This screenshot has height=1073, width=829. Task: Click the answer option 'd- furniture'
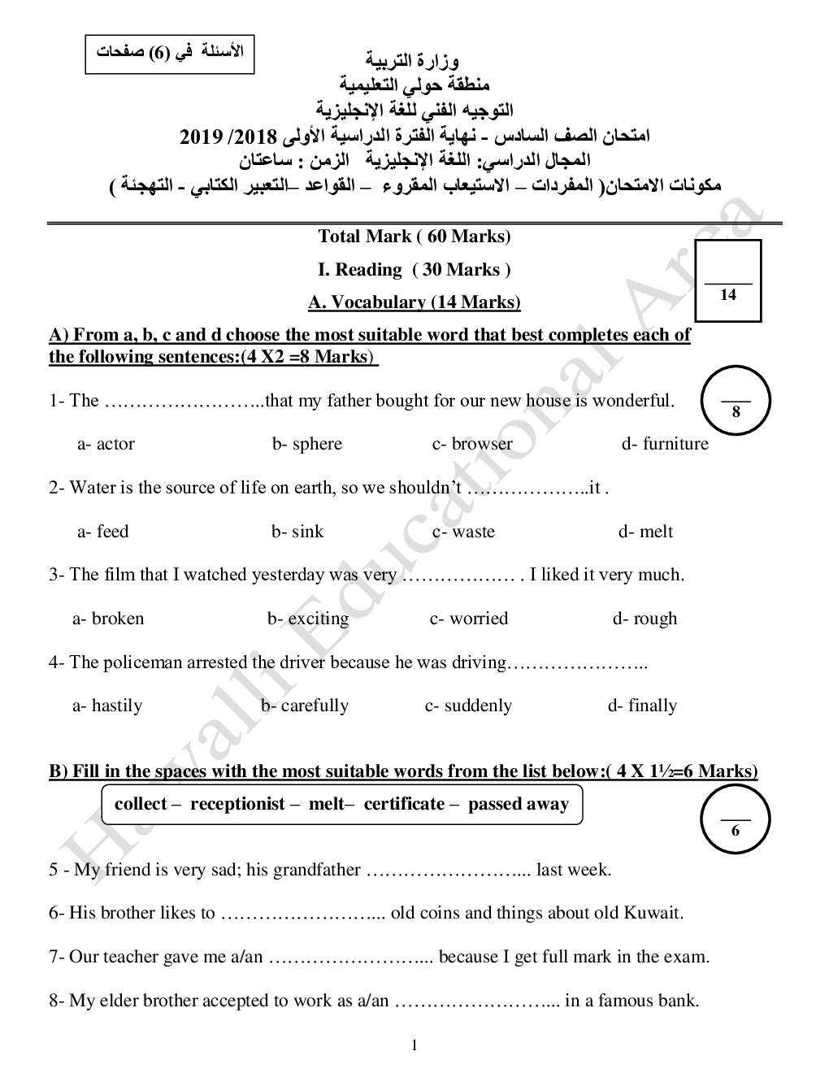point(665,444)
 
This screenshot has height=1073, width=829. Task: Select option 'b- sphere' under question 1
point(307,444)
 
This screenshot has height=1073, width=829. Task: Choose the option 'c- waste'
point(463,532)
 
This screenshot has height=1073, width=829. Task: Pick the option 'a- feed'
point(103,532)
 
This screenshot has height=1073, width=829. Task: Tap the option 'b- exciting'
point(308,619)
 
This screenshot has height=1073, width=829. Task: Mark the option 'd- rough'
point(645,619)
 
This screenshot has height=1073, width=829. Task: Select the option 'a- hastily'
point(107,706)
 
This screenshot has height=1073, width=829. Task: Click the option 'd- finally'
point(642,706)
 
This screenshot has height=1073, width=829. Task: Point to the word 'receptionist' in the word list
point(238,804)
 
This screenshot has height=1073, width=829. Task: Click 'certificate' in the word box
point(405,804)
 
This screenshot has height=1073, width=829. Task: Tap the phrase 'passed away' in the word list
point(519,804)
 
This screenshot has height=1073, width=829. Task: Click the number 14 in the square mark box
point(728,295)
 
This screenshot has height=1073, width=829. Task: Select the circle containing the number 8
point(736,401)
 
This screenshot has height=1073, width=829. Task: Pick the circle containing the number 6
point(736,820)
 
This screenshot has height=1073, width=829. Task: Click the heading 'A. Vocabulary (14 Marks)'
point(414,302)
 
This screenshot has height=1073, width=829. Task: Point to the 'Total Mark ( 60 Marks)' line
point(414,237)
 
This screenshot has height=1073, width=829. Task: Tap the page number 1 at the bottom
point(414,1045)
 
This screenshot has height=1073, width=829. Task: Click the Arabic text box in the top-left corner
point(170,52)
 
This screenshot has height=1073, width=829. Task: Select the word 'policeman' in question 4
point(144,662)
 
